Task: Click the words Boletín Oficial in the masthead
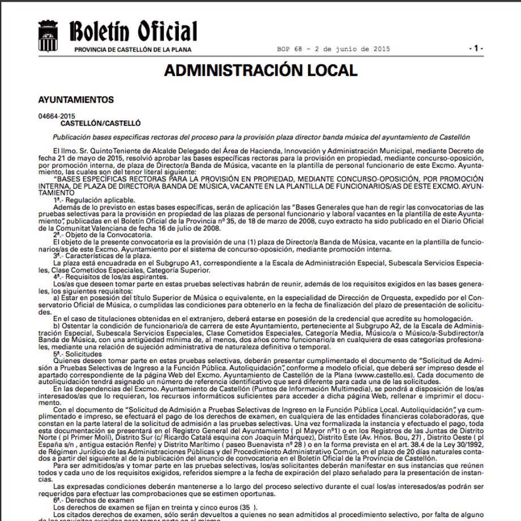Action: [x=133, y=31]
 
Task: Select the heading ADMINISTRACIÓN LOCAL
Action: [x=260, y=70]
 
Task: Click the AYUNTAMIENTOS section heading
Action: [x=76, y=100]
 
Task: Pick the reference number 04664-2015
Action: [x=57, y=116]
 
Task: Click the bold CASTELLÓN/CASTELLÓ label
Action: [x=100, y=122]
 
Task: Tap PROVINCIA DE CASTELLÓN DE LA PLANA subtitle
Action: [x=133, y=49]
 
